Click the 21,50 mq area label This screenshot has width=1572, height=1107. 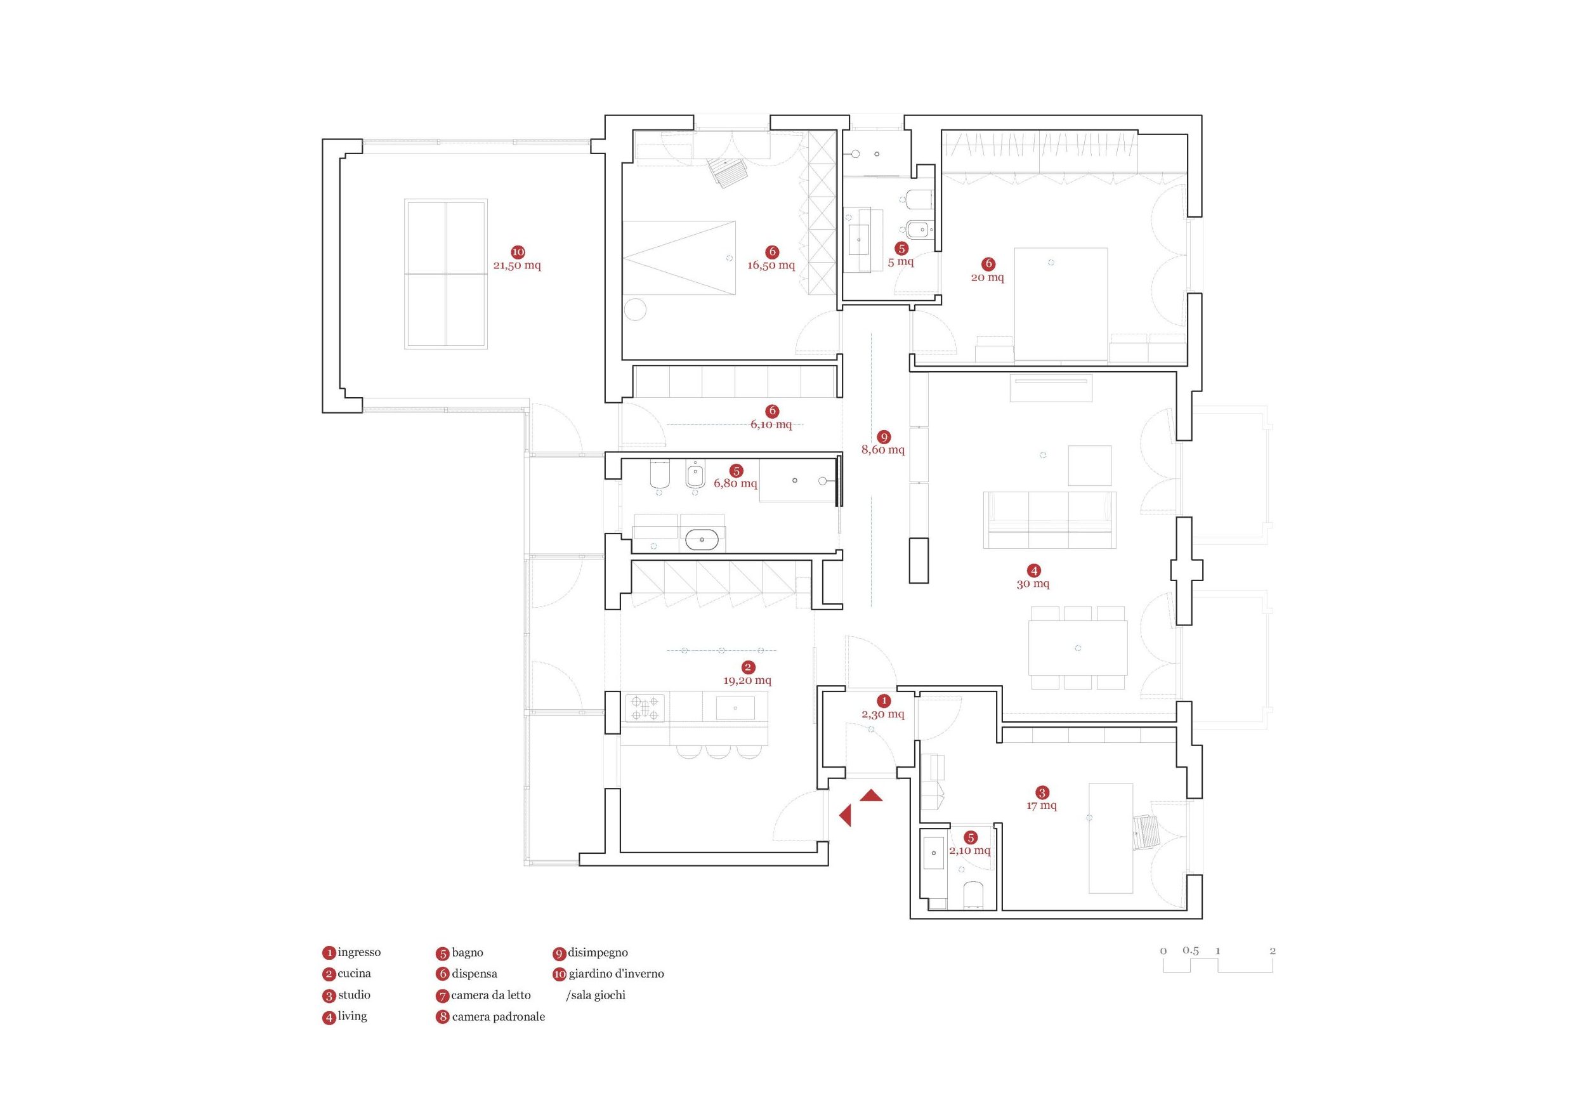[x=517, y=266]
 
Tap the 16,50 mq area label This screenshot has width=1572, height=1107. [x=771, y=266]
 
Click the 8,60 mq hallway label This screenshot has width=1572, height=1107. [x=882, y=450]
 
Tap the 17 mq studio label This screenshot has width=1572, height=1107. [x=1042, y=806]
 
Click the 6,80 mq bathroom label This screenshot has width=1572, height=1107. [x=735, y=483]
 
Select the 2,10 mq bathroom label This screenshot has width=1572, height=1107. [x=969, y=850]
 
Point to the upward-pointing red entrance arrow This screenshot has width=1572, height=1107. [x=871, y=795]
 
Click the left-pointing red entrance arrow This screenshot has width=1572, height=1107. [x=846, y=815]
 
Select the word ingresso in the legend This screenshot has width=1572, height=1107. [x=359, y=952]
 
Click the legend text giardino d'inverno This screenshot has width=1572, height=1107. [x=615, y=974]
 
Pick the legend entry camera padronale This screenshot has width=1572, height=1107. [x=498, y=1017]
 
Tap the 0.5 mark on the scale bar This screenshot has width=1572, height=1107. [x=1191, y=951]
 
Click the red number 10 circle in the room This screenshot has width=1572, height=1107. [x=518, y=252]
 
